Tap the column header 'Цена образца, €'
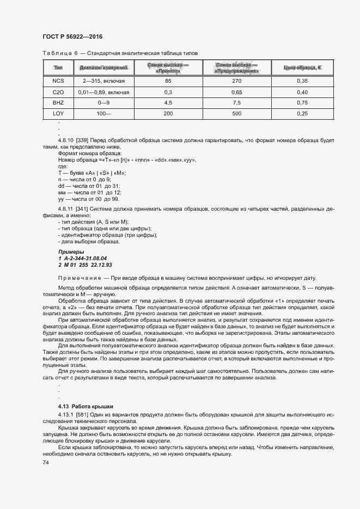[x=302, y=68]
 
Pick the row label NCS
[x=58, y=81]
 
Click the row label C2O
[x=58, y=92]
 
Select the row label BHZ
[x=58, y=103]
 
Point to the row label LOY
[x=58, y=114]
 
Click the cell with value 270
[x=236, y=81]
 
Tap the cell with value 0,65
[x=236, y=92]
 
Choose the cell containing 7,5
[x=236, y=103]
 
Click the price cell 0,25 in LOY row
[x=302, y=114]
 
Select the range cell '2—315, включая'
[x=103, y=81]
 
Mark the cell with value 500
[x=236, y=114]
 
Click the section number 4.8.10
[x=67, y=141]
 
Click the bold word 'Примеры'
[x=71, y=252]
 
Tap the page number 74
[x=46, y=462]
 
